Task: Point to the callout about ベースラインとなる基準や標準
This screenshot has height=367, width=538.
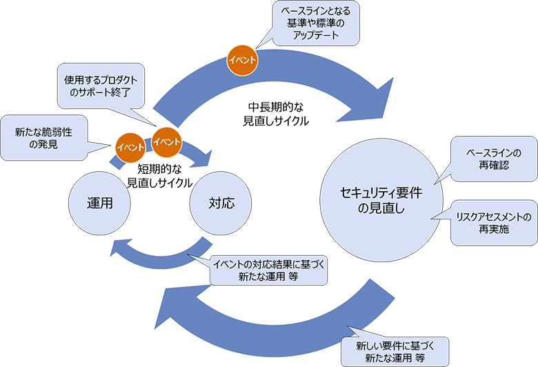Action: (x=315, y=23)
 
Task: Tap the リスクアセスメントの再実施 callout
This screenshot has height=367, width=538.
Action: (x=493, y=222)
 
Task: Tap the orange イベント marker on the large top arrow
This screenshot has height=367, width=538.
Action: (x=243, y=60)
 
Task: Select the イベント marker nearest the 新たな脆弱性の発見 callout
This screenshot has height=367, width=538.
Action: (x=130, y=146)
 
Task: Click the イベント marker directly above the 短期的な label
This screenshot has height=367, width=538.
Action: (x=166, y=141)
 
